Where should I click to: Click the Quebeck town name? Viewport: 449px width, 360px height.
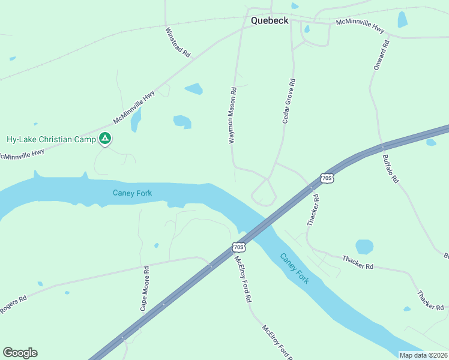270,20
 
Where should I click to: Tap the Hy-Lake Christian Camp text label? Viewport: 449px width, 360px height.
51,140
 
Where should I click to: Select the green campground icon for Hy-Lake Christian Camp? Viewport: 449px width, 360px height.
105,139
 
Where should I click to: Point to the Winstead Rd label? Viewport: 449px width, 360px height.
177,41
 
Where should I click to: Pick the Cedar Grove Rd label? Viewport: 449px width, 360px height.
289,101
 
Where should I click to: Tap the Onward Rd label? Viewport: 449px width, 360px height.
382,55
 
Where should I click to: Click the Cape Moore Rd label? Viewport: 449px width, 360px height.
145,289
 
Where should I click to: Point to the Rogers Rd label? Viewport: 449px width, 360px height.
13,303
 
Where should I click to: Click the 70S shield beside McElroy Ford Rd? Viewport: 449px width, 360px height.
238,247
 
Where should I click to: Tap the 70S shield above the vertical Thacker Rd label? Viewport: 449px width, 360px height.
326,178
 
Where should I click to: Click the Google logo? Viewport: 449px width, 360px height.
20,353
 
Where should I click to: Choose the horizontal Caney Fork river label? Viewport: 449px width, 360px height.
132,193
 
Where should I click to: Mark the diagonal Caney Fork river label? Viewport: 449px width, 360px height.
295,269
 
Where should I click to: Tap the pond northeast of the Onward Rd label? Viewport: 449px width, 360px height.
402,20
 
